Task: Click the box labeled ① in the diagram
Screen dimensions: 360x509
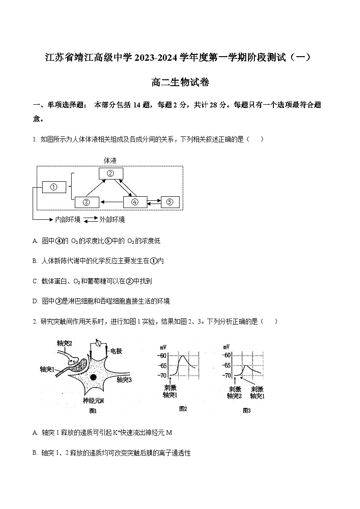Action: [x=54, y=187]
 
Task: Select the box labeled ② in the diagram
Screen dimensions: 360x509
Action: [x=110, y=173]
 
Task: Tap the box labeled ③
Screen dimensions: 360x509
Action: [x=87, y=202]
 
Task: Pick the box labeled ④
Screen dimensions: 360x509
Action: [x=135, y=202]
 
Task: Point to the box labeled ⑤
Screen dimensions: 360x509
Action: [x=170, y=202]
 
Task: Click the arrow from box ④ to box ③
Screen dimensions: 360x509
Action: [x=112, y=202]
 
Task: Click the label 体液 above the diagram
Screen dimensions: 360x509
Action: [x=110, y=160]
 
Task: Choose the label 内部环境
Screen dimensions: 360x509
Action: [x=68, y=219]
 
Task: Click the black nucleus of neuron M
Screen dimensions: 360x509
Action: [x=93, y=377]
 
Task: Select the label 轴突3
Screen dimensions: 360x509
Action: [x=124, y=380]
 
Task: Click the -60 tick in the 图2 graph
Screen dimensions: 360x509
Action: [x=162, y=355]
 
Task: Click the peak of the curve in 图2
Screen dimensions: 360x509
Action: [x=182, y=356]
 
